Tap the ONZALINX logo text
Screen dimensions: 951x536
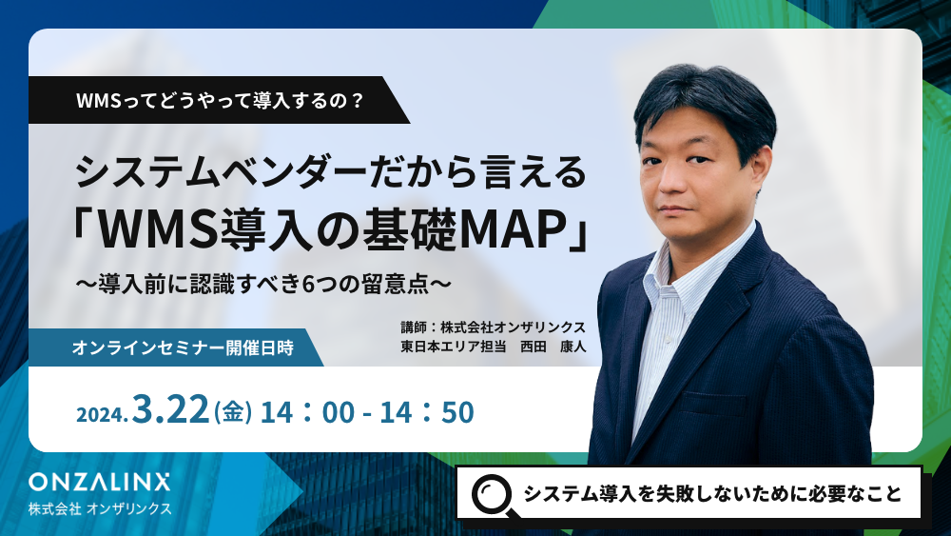click(x=100, y=482)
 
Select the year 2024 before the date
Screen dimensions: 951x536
click(x=102, y=414)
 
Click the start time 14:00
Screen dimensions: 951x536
click(x=307, y=412)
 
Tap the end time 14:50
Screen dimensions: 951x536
click(x=427, y=412)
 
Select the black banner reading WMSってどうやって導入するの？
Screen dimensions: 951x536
click(x=219, y=100)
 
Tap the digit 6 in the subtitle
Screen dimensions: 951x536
click(x=308, y=284)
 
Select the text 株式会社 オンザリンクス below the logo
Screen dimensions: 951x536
click(x=100, y=508)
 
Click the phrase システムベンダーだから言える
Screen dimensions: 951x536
click(x=331, y=172)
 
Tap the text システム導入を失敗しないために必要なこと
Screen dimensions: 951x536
click(x=712, y=494)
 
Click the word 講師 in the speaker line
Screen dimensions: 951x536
click(x=415, y=328)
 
